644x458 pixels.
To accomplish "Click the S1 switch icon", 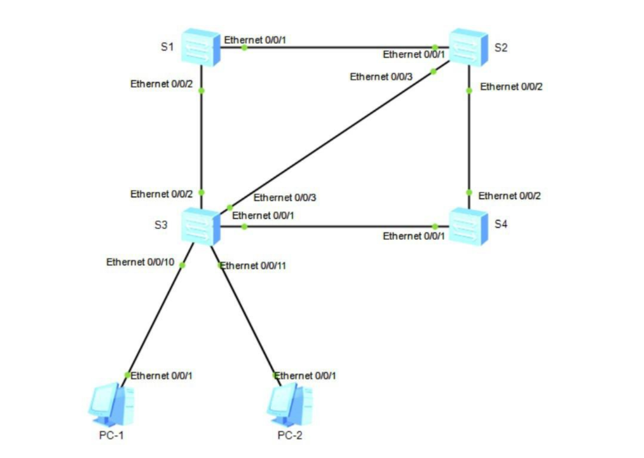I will click(x=200, y=46).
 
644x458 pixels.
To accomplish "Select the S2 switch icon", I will click(x=469, y=47).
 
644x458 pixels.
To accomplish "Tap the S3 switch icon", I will click(x=200, y=225).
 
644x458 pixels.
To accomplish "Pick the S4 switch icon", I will click(x=469, y=226).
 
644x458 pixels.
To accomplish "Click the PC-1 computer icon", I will click(x=111, y=404).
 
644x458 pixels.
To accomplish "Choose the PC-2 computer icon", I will click(x=289, y=404).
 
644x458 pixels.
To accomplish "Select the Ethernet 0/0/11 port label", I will click(x=253, y=265).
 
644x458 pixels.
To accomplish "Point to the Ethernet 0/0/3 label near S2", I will click(x=381, y=77).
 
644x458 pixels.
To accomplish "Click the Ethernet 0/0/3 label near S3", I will click(x=284, y=198).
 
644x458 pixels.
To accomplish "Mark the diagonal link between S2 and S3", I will click(x=331, y=139).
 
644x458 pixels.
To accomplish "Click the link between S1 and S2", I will click(x=337, y=47).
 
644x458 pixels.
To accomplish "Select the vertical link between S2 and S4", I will click(x=469, y=140).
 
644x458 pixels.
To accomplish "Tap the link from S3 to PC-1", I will click(x=154, y=319).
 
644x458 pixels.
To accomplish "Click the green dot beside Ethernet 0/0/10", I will click(x=182, y=265).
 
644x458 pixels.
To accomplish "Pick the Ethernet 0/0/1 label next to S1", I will click(x=255, y=39).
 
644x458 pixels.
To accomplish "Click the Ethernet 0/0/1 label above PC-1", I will click(x=161, y=375).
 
